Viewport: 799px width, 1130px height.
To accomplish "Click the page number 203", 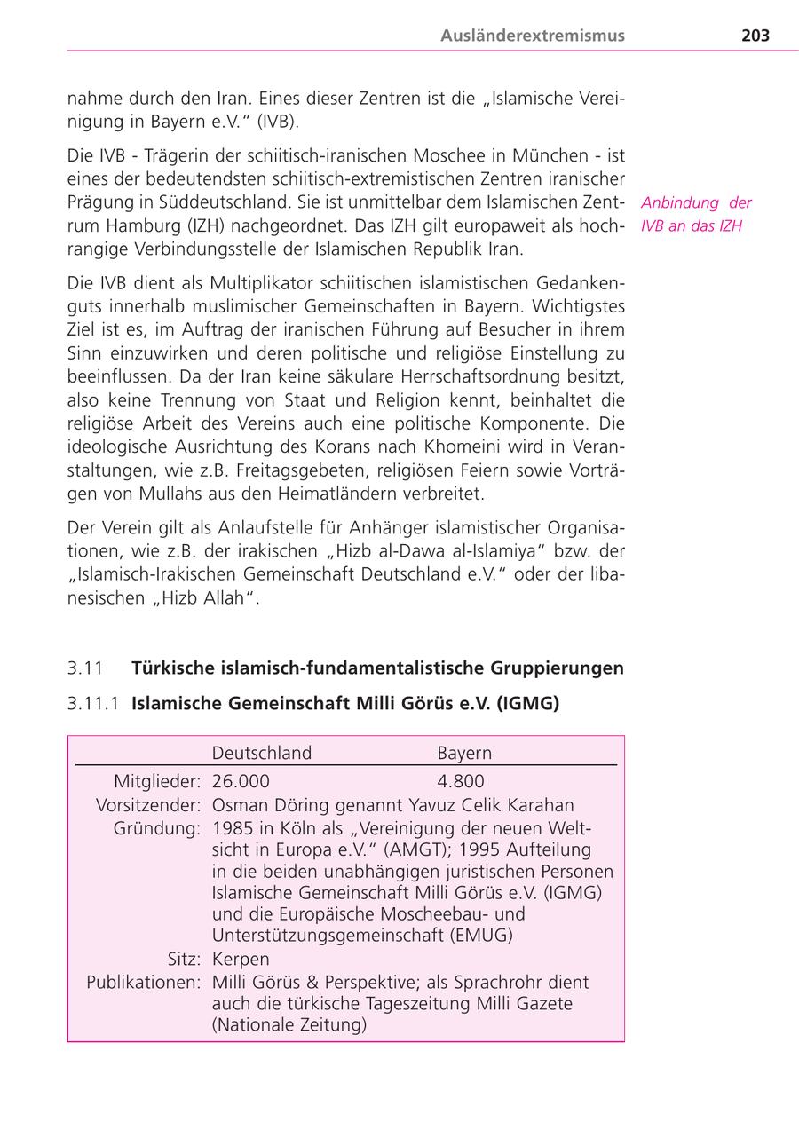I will [755, 36].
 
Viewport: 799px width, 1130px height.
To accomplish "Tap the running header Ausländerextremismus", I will [533, 36].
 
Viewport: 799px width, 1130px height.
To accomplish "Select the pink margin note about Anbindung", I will [696, 214].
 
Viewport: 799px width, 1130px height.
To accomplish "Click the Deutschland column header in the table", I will [262, 753].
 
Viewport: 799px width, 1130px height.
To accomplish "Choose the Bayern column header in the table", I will [464, 753].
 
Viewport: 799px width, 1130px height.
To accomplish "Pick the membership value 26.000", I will [241, 781].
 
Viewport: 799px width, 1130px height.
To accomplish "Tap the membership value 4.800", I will [461, 781].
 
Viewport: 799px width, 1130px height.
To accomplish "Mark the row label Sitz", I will [185, 960].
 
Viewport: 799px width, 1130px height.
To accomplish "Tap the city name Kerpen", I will [241, 960].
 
